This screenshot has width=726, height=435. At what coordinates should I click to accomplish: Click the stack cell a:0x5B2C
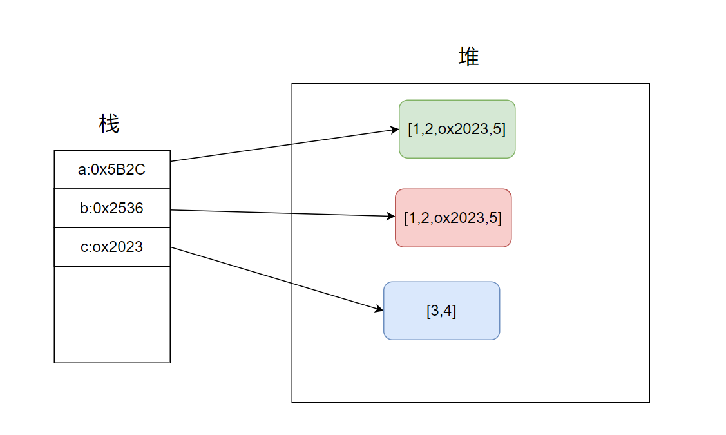(112, 169)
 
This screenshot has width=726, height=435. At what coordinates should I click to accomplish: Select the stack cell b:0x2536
(112, 208)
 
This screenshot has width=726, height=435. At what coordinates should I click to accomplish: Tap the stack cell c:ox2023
(112, 247)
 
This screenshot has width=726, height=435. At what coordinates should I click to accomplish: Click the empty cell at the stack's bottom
(112, 314)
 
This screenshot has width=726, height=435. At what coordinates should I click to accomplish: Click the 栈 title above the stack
(109, 124)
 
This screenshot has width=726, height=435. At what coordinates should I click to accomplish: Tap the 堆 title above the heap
(468, 57)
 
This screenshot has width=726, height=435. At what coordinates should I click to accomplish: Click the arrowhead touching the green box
(395, 130)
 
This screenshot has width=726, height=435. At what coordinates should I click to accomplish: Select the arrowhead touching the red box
(391, 217)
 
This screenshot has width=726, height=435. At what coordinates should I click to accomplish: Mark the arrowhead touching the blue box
(379, 310)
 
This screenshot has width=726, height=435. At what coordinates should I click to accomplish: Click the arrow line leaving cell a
(283, 146)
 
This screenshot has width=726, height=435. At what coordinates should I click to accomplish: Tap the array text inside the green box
(457, 128)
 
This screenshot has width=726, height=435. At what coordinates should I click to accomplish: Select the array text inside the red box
(453, 218)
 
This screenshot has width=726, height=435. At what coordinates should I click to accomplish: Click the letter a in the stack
(81, 170)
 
